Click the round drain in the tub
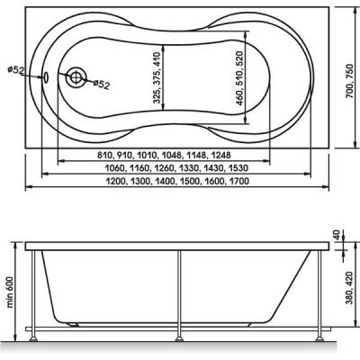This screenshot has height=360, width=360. pos(76,77)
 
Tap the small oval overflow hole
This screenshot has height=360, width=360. pos(46,77)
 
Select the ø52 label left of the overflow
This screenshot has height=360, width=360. pos(15,70)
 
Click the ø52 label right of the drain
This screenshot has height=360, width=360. pos(101,85)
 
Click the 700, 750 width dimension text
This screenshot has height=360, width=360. pos(349,81)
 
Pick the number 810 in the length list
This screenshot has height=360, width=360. pos(104,155)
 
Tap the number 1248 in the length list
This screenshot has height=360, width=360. pos(221,155)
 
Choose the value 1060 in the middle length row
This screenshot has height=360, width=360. pos(115,168)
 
